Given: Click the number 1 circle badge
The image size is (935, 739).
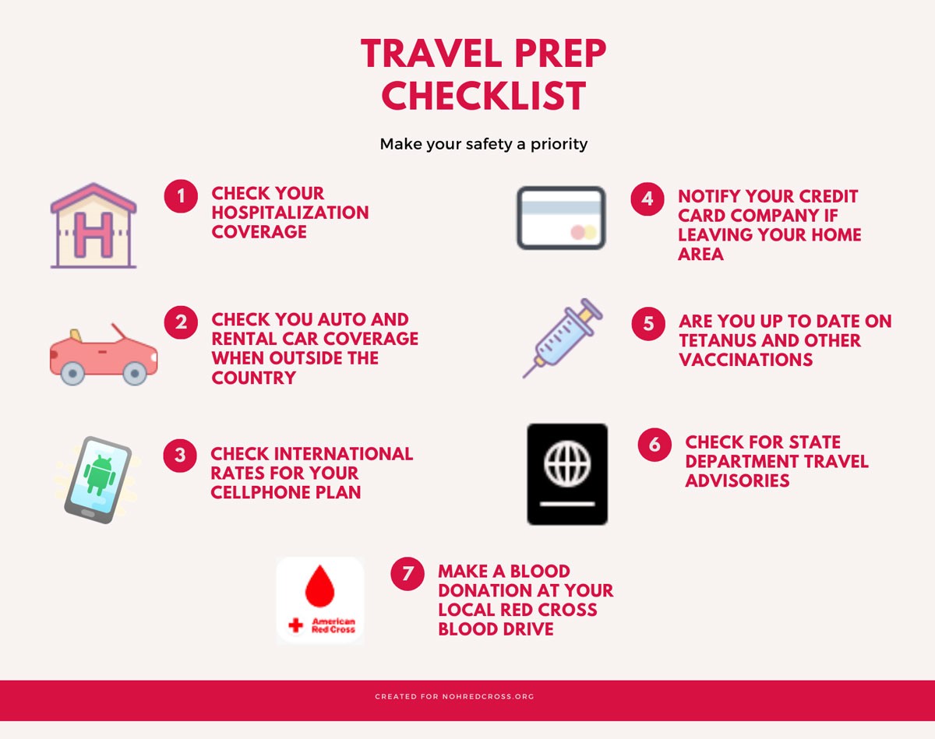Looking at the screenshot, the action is (181, 196).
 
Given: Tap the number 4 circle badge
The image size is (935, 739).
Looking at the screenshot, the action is (647, 199).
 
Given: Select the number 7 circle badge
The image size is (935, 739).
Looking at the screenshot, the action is (407, 574).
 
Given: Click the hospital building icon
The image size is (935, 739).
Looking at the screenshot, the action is (93, 225).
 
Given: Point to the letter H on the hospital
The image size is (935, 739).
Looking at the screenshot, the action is (93, 234).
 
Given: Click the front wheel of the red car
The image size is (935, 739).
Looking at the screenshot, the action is (135, 373).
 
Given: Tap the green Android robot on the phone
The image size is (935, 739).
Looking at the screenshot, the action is (100, 474).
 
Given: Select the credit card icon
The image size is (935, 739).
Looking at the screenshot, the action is (561, 218).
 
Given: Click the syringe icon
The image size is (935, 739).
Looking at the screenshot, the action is (563, 338).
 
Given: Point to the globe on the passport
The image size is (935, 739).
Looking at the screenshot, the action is (567, 463).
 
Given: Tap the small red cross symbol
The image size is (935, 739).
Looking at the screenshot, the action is (295, 625).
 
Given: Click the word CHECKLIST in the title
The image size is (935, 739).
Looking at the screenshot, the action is (484, 96).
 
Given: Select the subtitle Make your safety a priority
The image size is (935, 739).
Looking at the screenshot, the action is (484, 144).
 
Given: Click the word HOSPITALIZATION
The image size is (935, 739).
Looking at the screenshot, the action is (290, 213).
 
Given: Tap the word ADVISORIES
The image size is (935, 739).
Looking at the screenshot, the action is (737, 480).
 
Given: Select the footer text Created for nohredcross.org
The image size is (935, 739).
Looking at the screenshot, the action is (454, 696).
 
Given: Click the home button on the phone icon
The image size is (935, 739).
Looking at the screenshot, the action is (88, 513).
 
